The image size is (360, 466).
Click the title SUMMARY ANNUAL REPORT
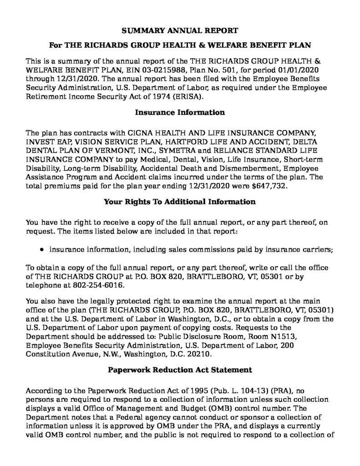point(180,31)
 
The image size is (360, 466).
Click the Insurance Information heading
point(180,112)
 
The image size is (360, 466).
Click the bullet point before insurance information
point(42,249)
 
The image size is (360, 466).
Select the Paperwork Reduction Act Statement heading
point(180,370)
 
